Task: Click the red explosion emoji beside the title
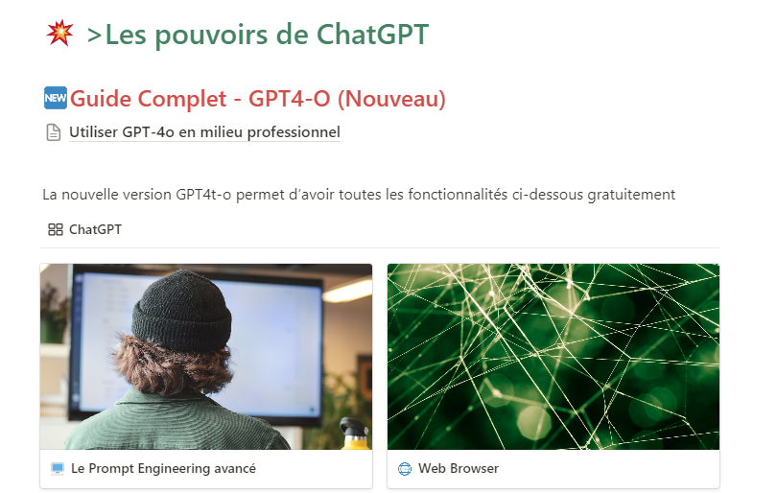[x=60, y=34]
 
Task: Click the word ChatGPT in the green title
[x=372, y=35]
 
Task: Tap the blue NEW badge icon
[x=55, y=98]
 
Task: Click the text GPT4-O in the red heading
[x=290, y=99]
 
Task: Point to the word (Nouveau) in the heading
[x=391, y=99]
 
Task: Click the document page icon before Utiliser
[x=54, y=132]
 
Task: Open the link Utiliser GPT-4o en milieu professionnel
[x=204, y=132]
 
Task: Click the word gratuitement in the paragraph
[x=631, y=195]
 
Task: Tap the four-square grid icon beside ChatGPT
[x=55, y=229]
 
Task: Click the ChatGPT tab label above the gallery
[x=95, y=229]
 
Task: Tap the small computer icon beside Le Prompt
[x=58, y=469]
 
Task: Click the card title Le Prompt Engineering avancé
[x=163, y=469]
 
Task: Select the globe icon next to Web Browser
[x=405, y=469]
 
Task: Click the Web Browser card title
[x=459, y=468]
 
